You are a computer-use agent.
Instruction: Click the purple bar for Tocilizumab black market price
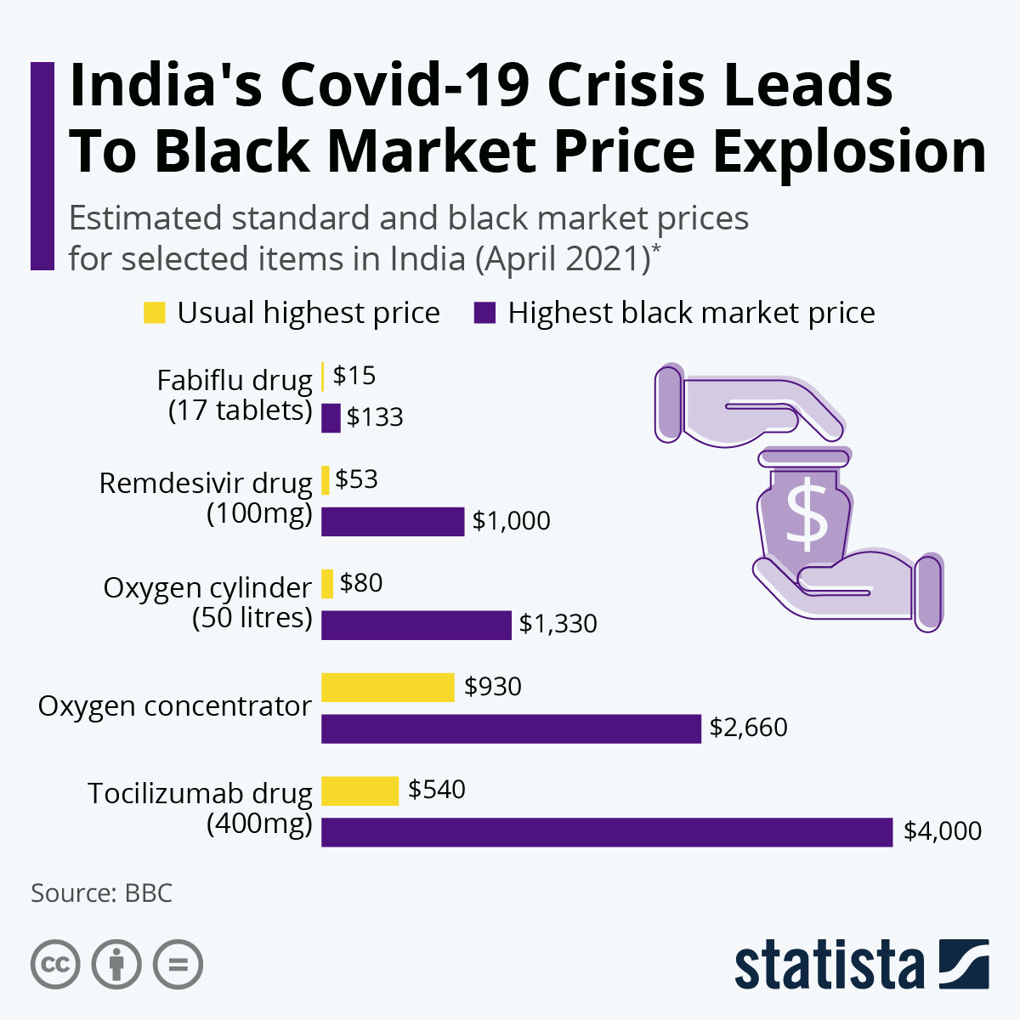[607, 832]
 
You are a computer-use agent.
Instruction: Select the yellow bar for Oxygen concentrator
[388, 687]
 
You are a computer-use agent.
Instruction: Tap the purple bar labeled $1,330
[416, 625]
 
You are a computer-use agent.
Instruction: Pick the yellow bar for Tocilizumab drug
[360, 790]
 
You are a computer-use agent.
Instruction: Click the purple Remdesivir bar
[393, 521]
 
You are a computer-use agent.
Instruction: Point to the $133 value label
[375, 417]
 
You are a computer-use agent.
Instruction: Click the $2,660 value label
[749, 728]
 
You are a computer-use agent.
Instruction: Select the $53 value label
[357, 479]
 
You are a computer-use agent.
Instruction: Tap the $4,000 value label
[943, 830]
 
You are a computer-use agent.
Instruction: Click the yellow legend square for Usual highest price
[154, 313]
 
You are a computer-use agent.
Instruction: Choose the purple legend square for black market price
[484, 313]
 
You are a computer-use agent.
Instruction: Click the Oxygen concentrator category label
[175, 706]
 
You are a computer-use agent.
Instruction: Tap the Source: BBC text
[102, 893]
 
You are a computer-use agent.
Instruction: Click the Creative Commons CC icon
[55, 965]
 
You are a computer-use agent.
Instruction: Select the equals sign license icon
[178, 965]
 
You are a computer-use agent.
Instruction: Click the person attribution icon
[116, 965]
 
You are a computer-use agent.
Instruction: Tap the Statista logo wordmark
[829, 965]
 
